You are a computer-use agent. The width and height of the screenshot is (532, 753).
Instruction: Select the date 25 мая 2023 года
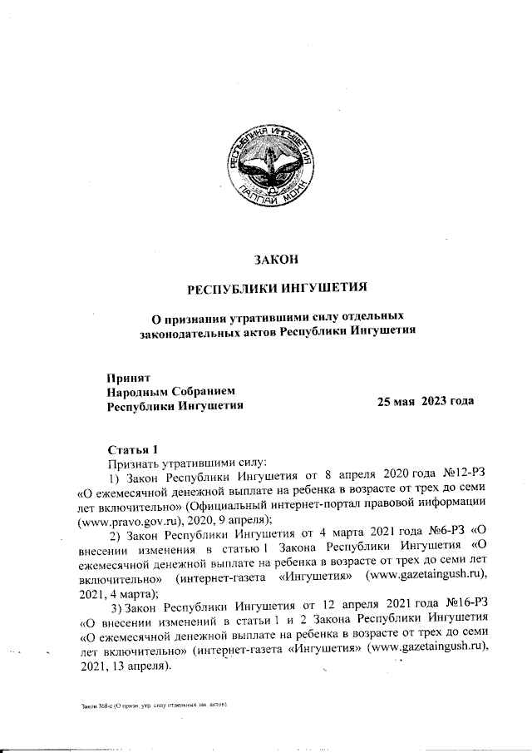(x=426, y=401)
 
